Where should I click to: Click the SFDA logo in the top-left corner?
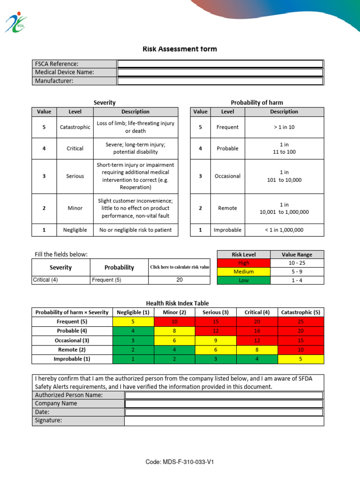pyautogui.click(x=16, y=22)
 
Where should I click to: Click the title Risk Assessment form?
pyautogui.click(x=180, y=49)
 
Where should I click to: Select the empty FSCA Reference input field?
pyautogui.click(x=220, y=64)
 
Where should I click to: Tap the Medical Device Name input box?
pyautogui.click(x=220, y=72)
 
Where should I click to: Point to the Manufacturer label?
pyautogui.click(x=54, y=81)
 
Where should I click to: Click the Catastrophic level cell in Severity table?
pyautogui.click(x=75, y=127)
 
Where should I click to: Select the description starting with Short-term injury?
pyautogui.click(x=135, y=176)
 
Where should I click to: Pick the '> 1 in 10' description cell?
pyautogui.click(x=284, y=127)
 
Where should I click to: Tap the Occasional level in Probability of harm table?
pyautogui.click(x=227, y=176)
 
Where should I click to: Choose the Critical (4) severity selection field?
pyautogui.click(x=60, y=280)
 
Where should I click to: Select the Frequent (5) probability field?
pyautogui.click(x=119, y=280)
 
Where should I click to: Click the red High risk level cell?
pyautogui.click(x=243, y=263)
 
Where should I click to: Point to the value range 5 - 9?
pyautogui.click(x=297, y=271)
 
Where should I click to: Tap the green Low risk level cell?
pyautogui.click(x=243, y=280)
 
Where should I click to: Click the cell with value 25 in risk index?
pyautogui.click(x=300, y=322)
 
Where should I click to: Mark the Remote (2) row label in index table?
pyautogui.click(x=72, y=350)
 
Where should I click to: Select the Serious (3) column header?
pyautogui.click(x=215, y=312)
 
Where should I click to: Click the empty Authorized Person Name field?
pyautogui.click(x=224, y=395)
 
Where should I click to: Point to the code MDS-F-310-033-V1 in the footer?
pyautogui.click(x=180, y=462)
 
